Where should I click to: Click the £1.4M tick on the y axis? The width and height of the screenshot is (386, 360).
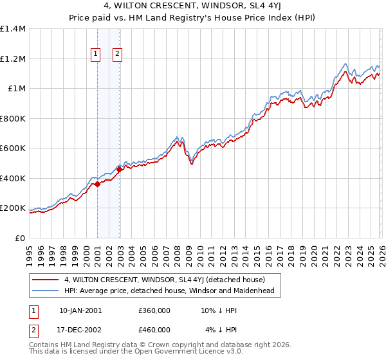click(13, 29)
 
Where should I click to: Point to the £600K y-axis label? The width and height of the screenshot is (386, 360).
click(13, 148)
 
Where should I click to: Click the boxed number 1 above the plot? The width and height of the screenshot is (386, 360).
click(95, 55)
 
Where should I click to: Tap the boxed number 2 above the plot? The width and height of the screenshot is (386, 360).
click(118, 55)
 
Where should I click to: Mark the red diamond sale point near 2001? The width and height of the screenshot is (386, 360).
click(97, 184)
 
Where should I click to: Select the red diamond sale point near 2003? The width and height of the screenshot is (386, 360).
click(120, 170)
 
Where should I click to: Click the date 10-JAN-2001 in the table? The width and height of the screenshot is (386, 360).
click(80, 310)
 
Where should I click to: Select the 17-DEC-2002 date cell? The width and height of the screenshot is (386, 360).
click(80, 330)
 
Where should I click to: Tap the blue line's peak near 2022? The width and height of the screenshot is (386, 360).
click(345, 64)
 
